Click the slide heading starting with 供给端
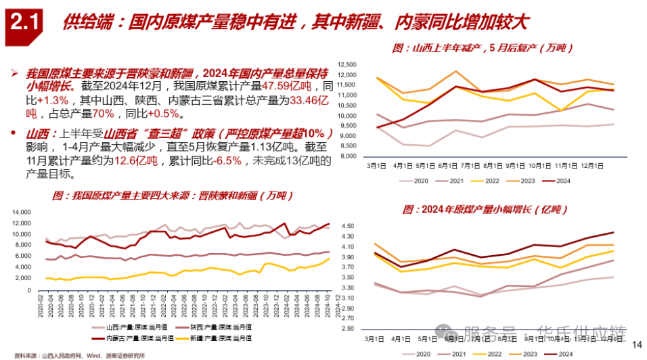(294, 23)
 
